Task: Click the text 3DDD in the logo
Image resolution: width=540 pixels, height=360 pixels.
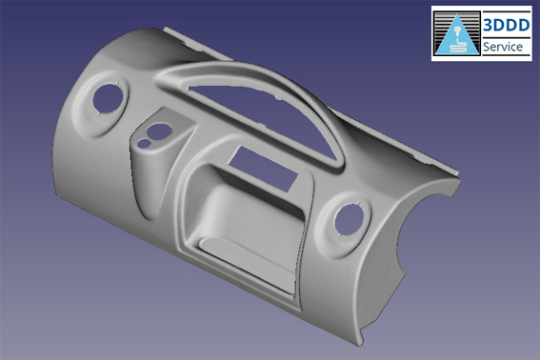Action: [506, 25]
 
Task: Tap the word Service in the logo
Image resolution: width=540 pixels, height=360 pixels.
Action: [503, 47]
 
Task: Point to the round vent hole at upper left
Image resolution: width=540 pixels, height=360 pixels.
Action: [108, 98]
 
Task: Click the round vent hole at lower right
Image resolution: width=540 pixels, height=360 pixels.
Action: [350, 220]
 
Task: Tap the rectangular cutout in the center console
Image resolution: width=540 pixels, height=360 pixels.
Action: [264, 169]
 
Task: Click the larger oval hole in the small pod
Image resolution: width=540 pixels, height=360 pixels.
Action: [159, 131]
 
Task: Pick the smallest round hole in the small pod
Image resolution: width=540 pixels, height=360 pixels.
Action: [145, 143]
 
